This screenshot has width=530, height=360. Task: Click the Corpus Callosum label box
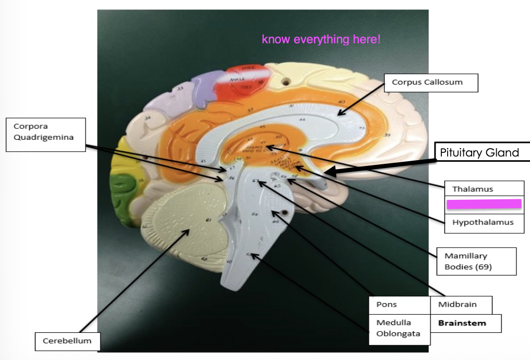point(430,82)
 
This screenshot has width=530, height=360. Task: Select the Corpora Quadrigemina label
point(46,134)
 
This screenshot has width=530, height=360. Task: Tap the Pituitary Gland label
point(479,153)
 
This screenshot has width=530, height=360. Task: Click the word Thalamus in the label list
point(472,189)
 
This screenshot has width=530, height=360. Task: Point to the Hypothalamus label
point(483,222)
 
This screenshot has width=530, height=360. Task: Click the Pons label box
point(387,305)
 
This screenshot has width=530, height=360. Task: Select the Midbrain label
point(457,305)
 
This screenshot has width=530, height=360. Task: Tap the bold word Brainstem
point(462,323)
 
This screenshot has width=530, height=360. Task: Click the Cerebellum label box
point(67,341)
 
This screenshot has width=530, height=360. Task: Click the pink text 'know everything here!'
point(321,39)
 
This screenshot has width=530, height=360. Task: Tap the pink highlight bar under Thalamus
point(483,203)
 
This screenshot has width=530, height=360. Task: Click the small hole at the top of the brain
point(285,82)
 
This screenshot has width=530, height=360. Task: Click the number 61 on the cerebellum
point(209,221)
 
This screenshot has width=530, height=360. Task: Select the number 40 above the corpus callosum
point(341,102)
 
